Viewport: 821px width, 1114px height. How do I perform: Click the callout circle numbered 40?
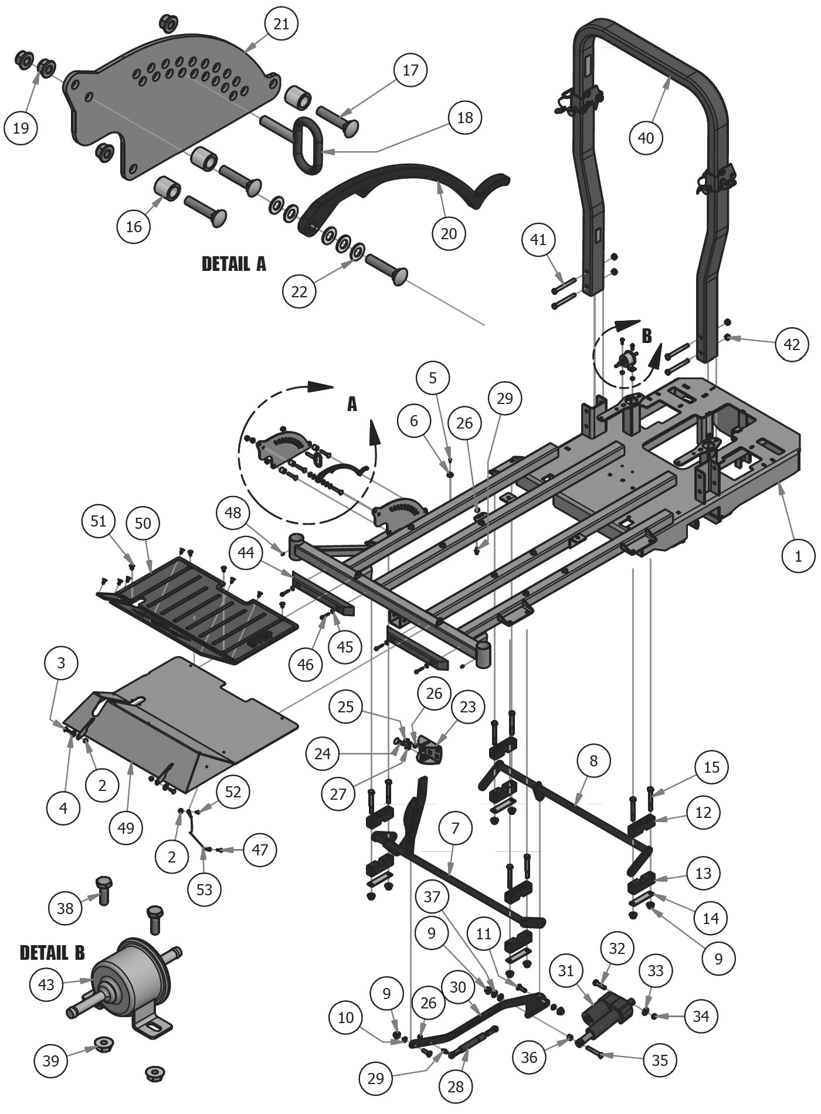646,138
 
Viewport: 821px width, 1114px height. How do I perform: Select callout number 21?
281,24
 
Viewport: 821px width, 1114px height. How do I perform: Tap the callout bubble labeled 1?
798,556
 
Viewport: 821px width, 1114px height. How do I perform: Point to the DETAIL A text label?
233,264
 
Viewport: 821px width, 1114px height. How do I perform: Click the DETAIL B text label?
52,953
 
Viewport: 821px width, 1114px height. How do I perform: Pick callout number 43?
46,984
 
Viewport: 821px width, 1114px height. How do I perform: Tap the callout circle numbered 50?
143,523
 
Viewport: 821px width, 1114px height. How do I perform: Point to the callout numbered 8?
593,761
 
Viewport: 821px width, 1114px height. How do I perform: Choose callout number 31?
565,972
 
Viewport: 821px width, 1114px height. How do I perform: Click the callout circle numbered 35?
660,1059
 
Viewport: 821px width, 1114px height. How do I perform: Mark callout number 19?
21,128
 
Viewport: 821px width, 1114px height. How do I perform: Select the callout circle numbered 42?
792,345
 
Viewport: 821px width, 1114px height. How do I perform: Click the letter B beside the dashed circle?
647,336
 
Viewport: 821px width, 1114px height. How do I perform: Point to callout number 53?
205,889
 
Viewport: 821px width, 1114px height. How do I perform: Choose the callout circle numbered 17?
410,70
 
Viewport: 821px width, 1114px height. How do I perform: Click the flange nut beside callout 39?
104,1043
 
